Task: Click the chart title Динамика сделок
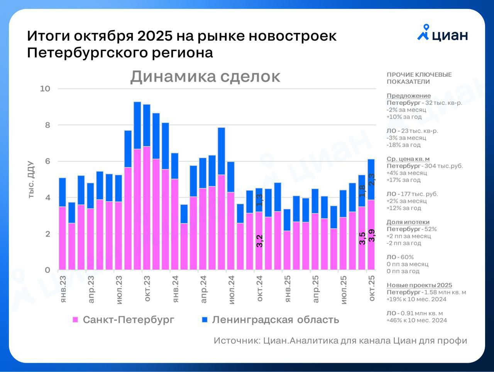click(205, 76)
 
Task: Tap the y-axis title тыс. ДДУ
click(31, 179)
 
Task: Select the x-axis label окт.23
click(147, 289)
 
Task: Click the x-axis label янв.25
click(288, 289)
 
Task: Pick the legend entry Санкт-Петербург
click(123, 320)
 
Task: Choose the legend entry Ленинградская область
click(270, 320)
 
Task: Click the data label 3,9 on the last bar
click(372, 235)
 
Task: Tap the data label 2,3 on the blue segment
click(372, 179)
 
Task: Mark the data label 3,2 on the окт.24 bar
click(259, 241)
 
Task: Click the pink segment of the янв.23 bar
click(62, 237)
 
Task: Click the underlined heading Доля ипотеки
click(408, 222)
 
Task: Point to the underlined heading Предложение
click(409, 96)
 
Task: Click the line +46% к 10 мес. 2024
click(416, 320)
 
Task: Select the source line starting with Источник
click(340, 341)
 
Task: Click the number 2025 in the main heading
click(155, 36)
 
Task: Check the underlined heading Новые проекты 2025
click(419, 285)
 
